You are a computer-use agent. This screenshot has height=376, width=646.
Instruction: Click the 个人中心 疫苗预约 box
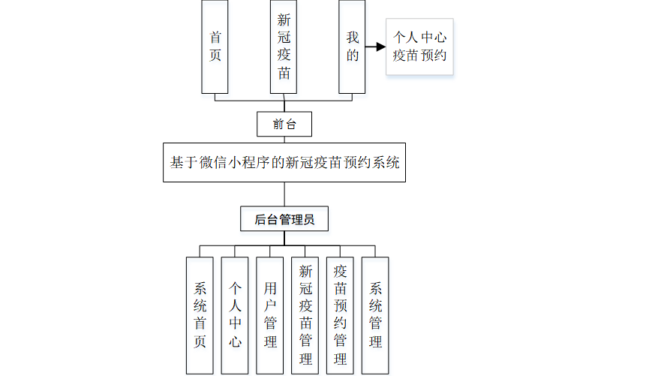420,47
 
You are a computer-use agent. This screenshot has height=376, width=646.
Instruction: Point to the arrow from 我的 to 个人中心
375,47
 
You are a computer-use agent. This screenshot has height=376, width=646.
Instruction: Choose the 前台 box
284,124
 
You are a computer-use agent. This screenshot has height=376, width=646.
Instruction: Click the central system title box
284,162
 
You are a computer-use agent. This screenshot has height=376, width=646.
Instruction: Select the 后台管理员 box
284,219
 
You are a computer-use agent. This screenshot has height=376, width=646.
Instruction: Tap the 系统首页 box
200,315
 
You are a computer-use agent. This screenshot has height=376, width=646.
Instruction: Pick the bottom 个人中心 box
235,315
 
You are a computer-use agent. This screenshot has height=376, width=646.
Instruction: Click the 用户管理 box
270,315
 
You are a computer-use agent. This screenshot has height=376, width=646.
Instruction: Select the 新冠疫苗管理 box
305,315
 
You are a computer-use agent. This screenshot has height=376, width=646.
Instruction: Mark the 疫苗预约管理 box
341,315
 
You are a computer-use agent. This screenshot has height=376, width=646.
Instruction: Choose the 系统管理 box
376,315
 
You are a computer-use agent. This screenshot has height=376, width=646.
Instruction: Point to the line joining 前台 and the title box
284,140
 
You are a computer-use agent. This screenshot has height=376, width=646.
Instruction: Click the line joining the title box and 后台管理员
284,194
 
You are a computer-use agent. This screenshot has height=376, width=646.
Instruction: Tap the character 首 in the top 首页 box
215,37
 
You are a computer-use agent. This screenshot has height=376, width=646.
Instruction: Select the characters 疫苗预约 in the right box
420,55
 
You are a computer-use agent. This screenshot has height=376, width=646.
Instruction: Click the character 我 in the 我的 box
352,37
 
